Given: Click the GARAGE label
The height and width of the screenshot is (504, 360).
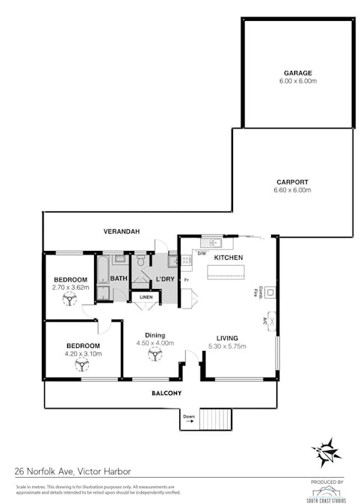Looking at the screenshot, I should click(x=297, y=73).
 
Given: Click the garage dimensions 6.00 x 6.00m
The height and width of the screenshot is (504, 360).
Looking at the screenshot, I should click(x=297, y=81).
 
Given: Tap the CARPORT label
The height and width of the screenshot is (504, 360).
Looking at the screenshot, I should click(x=293, y=182).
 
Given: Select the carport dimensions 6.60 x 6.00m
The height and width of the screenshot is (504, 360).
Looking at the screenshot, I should click(x=293, y=190).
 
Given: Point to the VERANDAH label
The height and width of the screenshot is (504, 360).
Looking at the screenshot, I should click(x=122, y=231).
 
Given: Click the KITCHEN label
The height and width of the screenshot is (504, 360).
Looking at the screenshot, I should click(x=229, y=258).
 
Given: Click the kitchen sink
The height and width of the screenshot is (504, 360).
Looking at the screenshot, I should click(x=214, y=242).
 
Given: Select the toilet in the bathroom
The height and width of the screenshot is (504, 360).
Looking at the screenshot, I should click(x=140, y=261).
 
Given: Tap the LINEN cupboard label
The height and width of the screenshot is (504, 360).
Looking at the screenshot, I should click(x=146, y=297).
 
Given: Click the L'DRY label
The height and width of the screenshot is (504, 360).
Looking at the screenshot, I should click(x=164, y=279).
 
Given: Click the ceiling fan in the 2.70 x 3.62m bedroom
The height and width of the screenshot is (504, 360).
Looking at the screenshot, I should click(x=70, y=299).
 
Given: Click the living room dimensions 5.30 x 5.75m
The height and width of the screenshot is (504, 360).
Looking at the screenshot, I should click(x=227, y=346).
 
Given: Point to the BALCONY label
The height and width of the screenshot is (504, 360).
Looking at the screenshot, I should click(x=167, y=393).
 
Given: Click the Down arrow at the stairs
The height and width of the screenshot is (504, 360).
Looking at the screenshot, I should click(x=189, y=420).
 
